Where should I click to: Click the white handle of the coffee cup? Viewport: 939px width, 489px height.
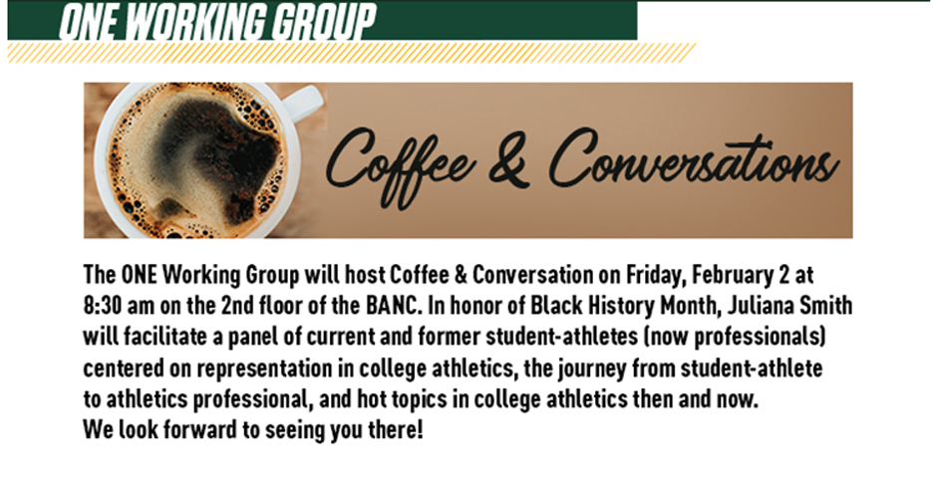pyautogui.click(x=307, y=103)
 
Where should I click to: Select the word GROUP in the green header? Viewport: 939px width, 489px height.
pyautogui.click(x=324, y=22)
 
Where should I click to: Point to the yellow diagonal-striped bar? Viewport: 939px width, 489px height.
pyautogui.click(x=352, y=53)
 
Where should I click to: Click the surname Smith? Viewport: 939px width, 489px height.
pyautogui.click(x=830, y=306)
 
